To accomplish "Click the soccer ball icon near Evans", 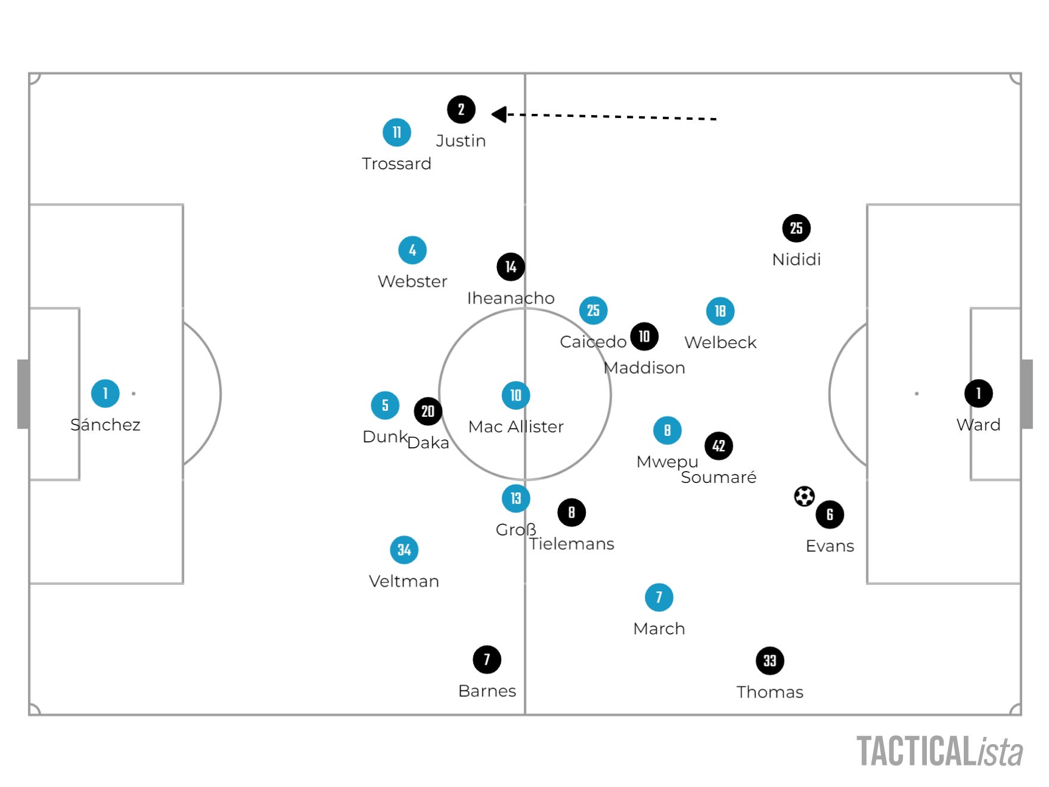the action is [x=804, y=496].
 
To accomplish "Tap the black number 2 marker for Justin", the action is [x=461, y=110].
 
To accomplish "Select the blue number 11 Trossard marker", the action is [x=396, y=132].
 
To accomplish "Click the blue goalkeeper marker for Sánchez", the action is [x=105, y=393].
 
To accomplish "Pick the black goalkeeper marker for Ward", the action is [x=978, y=393].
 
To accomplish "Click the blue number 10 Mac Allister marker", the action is [x=516, y=395].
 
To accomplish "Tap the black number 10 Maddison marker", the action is [x=644, y=337].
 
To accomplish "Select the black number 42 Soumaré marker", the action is [x=719, y=446].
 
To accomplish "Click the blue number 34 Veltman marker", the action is [x=404, y=550].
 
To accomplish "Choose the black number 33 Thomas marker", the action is [x=769, y=661].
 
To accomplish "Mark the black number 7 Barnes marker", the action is [x=487, y=659].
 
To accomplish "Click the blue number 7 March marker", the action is [x=659, y=597].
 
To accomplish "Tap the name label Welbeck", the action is [x=720, y=343].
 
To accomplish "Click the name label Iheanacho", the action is [x=510, y=298].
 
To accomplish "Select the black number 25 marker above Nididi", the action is [x=796, y=228].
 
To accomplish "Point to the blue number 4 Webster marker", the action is [x=412, y=250].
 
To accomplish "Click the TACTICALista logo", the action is [x=939, y=751].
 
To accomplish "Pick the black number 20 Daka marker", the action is [x=428, y=411].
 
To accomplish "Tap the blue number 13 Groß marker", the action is [x=516, y=498].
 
